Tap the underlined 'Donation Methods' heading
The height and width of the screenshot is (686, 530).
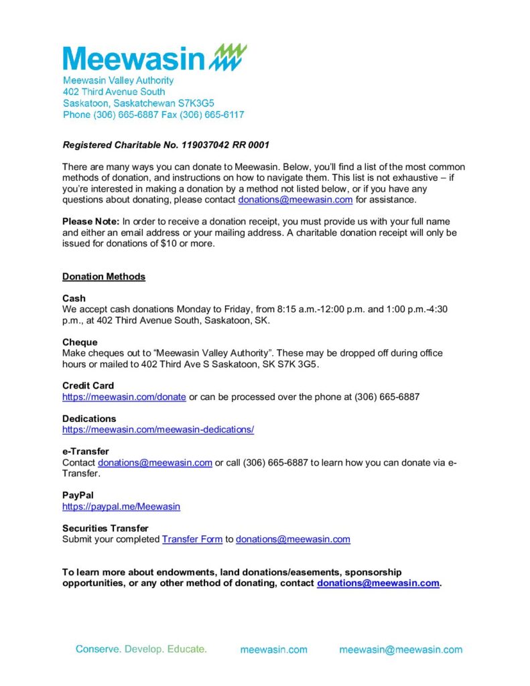[x=104, y=277]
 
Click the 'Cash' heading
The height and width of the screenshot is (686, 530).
[x=74, y=298]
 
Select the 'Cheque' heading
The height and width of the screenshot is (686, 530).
[x=80, y=342]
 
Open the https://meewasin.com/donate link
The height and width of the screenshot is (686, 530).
[x=124, y=397]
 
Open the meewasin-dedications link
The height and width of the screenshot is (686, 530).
[x=158, y=429]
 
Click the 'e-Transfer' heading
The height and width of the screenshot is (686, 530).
[x=85, y=452]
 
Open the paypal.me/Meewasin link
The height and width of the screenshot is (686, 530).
[x=121, y=506]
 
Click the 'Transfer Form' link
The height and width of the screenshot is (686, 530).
[x=192, y=539]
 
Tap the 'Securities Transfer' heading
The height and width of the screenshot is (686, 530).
[x=105, y=528]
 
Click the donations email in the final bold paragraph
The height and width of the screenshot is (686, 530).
[x=378, y=583]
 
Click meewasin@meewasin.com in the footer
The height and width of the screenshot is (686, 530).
[x=401, y=650]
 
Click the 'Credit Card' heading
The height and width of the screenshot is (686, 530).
[x=88, y=386]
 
